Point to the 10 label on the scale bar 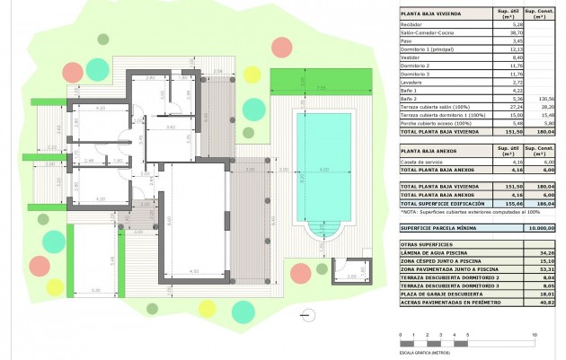(535, 334)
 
